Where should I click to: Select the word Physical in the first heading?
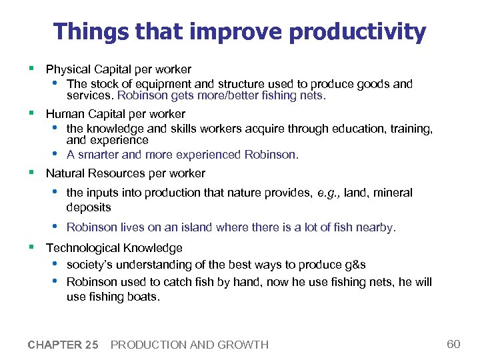pyautogui.click(x=67, y=69)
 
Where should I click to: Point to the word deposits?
pyautogui.click(x=89, y=207)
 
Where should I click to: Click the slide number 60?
pyautogui.click(x=453, y=344)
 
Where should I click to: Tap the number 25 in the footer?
pyautogui.click(x=92, y=345)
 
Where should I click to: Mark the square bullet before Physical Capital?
pyautogui.click(x=31, y=69)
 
